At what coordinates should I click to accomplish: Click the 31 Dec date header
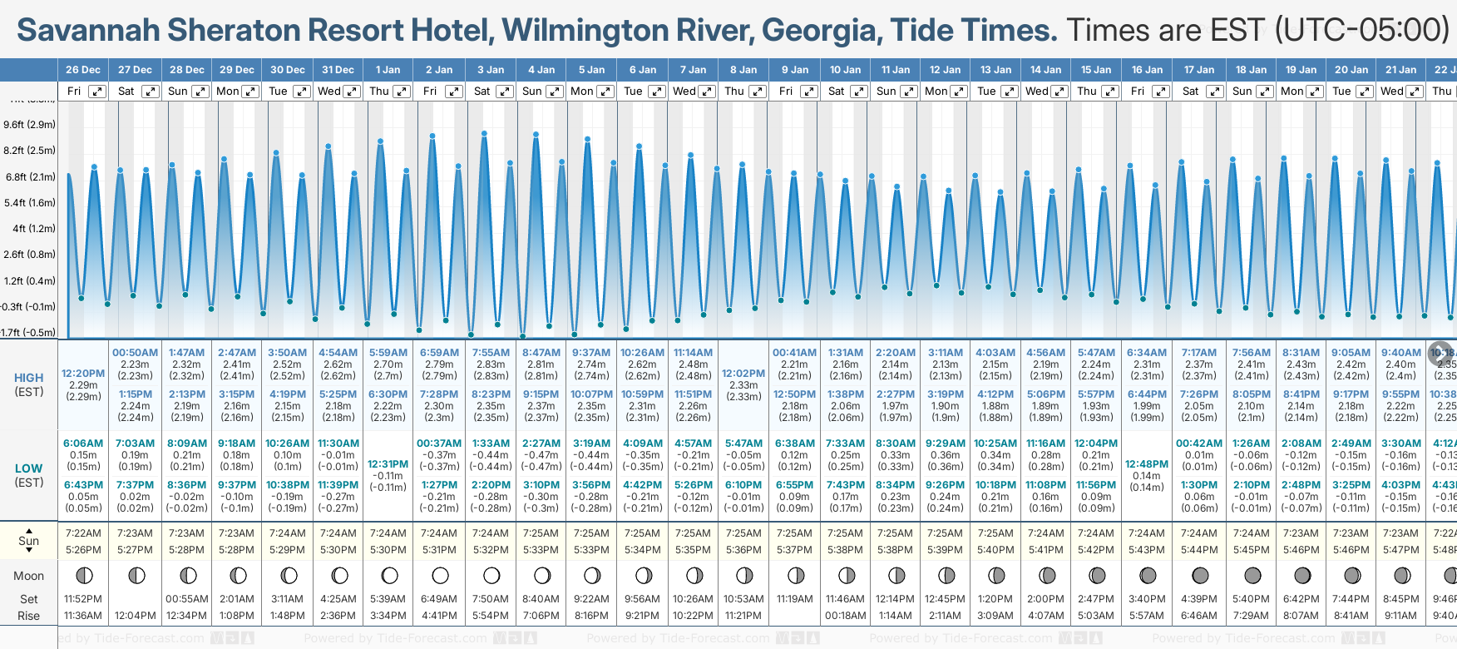coord(338,70)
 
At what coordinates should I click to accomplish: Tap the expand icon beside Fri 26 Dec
coord(97,92)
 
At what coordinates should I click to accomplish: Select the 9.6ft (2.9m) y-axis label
coord(29,125)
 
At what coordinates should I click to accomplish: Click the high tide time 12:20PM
coord(83,374)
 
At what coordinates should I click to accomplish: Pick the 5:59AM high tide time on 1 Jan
coord(388,353)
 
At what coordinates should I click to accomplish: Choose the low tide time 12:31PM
coord(388,464)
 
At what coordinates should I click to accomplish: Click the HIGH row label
coord(29,378)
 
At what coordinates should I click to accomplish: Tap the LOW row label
coord(29,468)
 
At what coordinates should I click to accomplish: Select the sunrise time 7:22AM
coord(83,533)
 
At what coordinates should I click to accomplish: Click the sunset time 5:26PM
coord(83,550)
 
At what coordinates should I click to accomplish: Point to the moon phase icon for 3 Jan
coord(491,575)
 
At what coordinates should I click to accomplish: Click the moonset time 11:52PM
coord(83,599)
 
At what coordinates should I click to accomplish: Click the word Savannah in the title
coord(88,30)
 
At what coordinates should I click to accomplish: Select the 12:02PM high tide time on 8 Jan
coord(743,374)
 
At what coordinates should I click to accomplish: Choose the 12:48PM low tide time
coord(1147,464)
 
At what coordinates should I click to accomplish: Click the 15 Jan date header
coord(1096,70)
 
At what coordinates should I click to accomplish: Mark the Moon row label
coord(29,576)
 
